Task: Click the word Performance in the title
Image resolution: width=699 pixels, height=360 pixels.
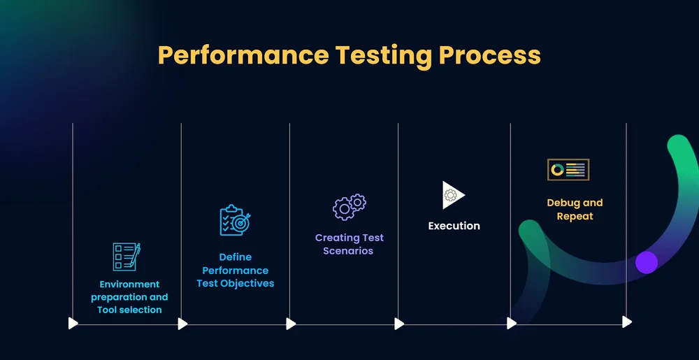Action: [x=242, y=55]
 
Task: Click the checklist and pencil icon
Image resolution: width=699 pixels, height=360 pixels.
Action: [x=127, y=257]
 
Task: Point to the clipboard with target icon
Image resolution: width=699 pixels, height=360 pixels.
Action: [x=235, y=220]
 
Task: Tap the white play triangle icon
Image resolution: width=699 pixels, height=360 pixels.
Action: [x=452, y=195]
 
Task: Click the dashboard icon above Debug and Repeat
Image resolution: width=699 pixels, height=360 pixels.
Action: [x=568, y=169]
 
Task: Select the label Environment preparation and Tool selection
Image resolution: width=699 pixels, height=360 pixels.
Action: [x=129, y=297]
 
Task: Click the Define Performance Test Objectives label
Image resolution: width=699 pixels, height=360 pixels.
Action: [x=236, y=270]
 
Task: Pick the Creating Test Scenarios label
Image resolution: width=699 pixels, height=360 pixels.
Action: [x=349, y=244]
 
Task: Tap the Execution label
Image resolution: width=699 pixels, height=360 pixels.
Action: [x=454, y=226]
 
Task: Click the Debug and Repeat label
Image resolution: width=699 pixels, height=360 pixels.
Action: [x=575, y=209]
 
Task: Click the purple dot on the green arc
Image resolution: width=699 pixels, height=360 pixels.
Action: [x=647, y=262]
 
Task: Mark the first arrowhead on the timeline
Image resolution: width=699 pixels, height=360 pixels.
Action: [x=73, y=323]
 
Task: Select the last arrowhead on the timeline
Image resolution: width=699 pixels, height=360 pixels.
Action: [x=627, y=322]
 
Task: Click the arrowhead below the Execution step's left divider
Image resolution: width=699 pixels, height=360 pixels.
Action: [x=399, y=324]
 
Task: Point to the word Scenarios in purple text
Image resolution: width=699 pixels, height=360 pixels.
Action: [x=348, y=251]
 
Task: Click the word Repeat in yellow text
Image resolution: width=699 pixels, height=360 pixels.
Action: [x=575, y=216]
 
